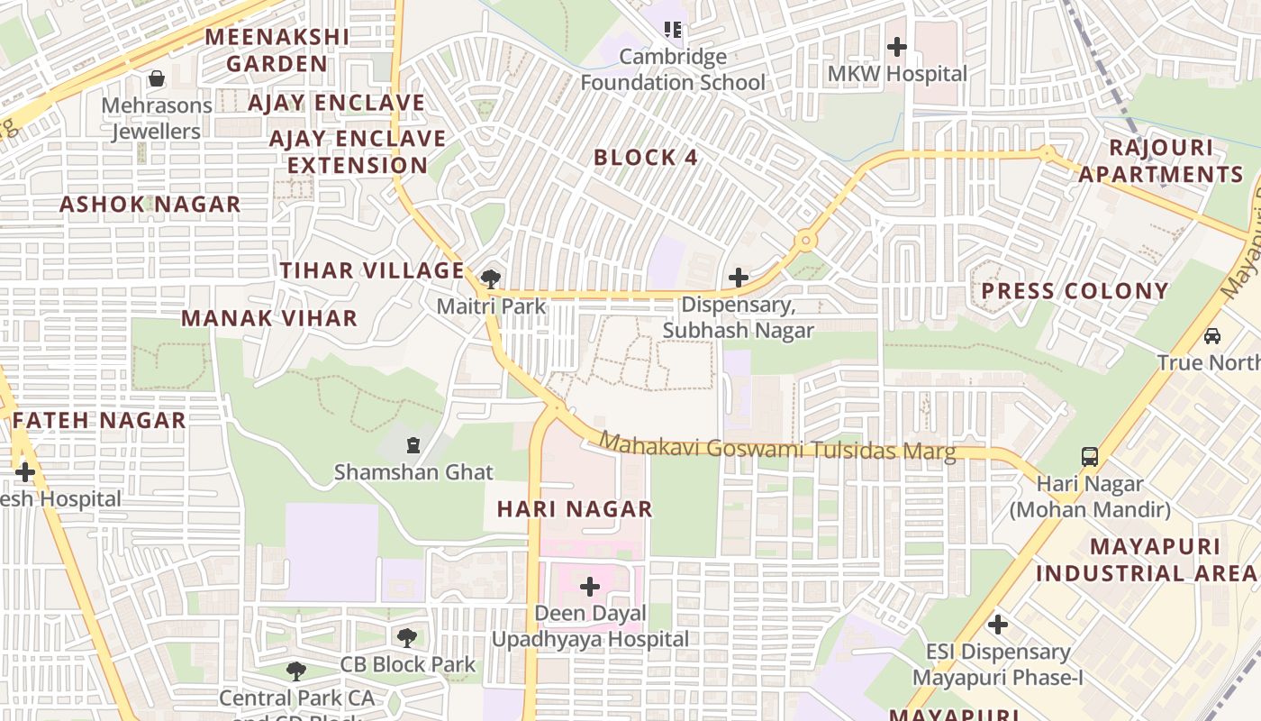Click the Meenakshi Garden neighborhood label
click(277, 50)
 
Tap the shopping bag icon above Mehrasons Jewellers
click(157, 78)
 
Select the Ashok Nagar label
click(150, 205)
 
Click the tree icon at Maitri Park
click(491, 278)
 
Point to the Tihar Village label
click(372, 270)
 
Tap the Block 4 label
click(646, 158)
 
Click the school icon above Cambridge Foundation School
click(672, 30)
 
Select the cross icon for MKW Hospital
click(897, 46)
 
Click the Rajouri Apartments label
click(1161, 161)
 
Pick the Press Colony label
click(1075, 291)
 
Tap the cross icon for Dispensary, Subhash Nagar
click(738, 278)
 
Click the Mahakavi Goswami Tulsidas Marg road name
click(777, 447)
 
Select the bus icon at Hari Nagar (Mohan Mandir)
click(1090, 456)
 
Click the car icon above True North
click(1212, 335)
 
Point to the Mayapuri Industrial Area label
click(1146, 560)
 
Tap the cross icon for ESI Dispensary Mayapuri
click(997, 624)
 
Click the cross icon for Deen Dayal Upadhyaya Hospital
click(590, 587)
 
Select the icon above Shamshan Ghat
click(413, 444)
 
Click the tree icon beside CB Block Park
click(407, 638)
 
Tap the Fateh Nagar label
click(99, 420)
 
